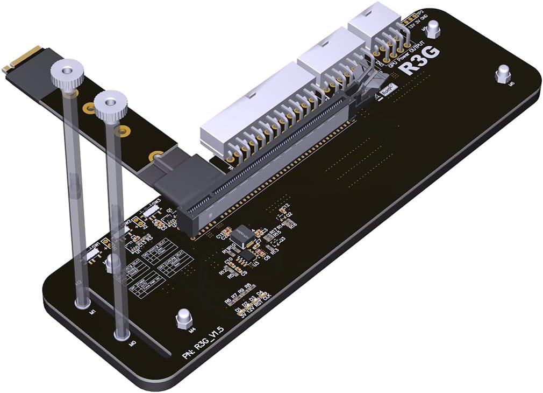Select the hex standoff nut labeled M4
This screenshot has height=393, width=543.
pos(183,319)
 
